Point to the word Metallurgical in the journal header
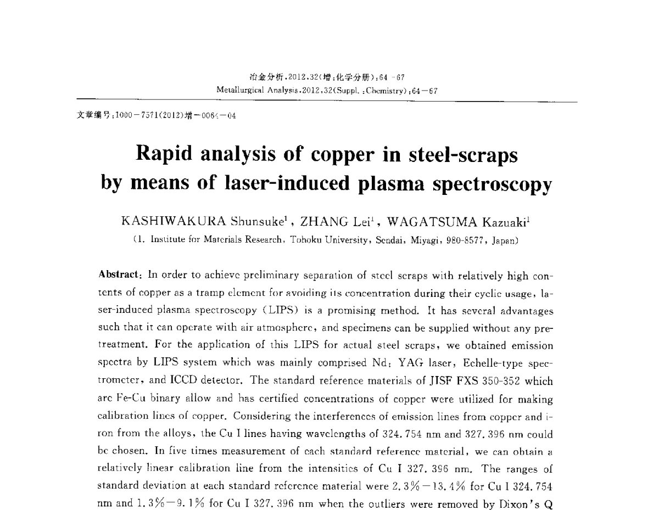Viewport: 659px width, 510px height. click(239, 89)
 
